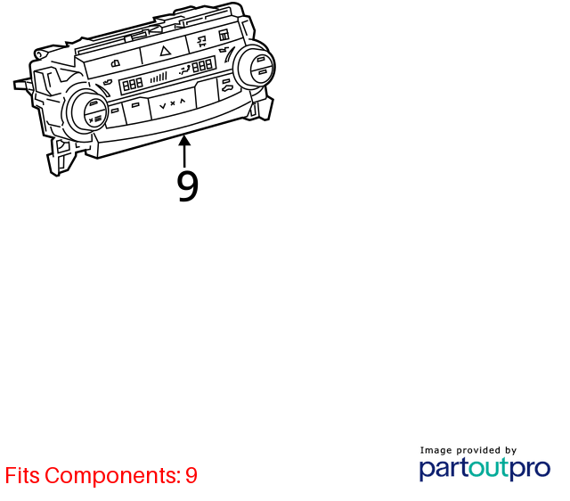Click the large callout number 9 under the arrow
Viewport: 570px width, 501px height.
pos(188,186)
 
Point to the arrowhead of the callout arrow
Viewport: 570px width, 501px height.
pos(184,140)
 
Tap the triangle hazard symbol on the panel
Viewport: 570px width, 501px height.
pos(166,51)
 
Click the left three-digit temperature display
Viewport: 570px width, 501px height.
pos(133,85)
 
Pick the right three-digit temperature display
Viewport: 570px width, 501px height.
pos(202,66)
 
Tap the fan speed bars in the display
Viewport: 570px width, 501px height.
pos(159,78)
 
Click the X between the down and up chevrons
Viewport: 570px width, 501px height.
pos(173,103)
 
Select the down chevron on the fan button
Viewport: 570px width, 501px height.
pos(163,106)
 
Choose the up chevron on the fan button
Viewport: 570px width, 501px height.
pos(183,101)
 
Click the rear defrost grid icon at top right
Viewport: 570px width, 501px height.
pos(224,36)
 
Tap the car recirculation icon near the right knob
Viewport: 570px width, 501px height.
pos(228,87)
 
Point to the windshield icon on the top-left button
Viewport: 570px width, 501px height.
pos(116,64)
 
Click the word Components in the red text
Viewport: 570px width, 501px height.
pos(113,475)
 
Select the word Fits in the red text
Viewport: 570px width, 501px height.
pos(22,475)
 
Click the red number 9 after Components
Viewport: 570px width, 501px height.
pos(191,475)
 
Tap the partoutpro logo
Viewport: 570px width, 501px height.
pos(484,469)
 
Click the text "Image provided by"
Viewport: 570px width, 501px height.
pos(468,450)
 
